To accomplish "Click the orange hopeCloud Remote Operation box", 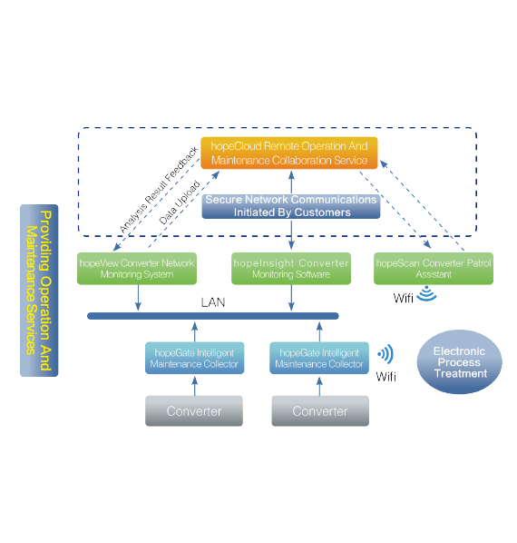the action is tap(289, 153).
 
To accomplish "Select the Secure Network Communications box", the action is tap(291, 206).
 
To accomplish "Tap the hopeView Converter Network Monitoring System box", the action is tap(137, 269).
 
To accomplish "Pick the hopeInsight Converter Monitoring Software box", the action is tap(291, 269).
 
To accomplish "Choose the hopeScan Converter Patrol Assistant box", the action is tap(434, 269).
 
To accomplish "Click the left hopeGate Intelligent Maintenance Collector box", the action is tap(194, 358).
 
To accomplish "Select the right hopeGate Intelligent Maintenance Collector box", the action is tap(319, 358).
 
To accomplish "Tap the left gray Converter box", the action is tap(194, 411).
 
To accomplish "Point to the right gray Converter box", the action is tap(320, 411).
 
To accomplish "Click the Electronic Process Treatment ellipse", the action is tap(460, 362).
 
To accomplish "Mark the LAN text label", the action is tap(213, 302).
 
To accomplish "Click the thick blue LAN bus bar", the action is tap(213, 316).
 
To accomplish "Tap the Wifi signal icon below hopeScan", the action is tap(426, 294).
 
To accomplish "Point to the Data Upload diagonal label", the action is tap(180, 202).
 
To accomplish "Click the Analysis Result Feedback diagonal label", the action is tap(159, 190).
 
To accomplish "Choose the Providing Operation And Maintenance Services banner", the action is tap(39, 291).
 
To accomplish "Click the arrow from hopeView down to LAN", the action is tap(138, 298).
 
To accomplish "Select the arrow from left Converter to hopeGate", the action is tap(195, 385).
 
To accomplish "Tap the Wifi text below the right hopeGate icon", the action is tap(385, 377).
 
